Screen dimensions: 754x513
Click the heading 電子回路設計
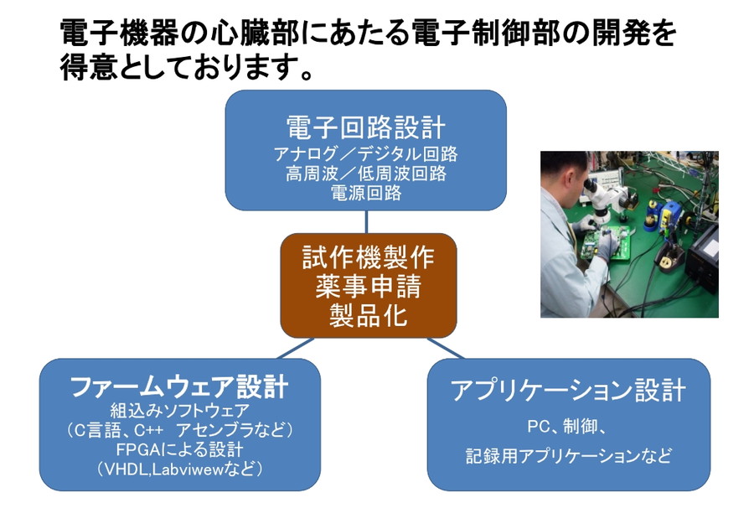coord(366,127)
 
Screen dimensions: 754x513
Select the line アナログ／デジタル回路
coord(366,154)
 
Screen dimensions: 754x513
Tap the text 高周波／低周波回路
coord(366,174)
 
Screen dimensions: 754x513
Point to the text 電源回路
coord(366,193)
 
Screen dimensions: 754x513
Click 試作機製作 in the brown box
coord(369,257)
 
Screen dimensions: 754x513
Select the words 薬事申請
coord(369,287)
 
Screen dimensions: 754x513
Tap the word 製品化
coord(369,316)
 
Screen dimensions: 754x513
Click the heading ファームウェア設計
coord(179,386)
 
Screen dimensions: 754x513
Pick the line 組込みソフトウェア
coord(180,411)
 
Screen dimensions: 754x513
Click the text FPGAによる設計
coord(180,449)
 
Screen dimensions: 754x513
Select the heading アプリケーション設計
coord(568,390)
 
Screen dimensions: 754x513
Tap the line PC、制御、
coord(569,427)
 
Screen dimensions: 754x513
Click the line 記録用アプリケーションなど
coord(568,456)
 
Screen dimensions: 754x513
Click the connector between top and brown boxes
coord(366,222)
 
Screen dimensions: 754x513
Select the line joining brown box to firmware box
coord(296,349)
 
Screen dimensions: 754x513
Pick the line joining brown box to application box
coord(446,349)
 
